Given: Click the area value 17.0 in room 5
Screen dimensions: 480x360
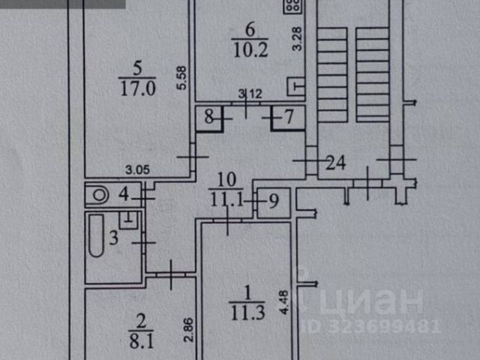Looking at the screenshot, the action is [x=136, y=88].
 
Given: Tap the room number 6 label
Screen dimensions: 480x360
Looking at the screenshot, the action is [x=250, y=30].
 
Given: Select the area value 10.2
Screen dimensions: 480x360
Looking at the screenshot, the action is [x=250, y=50].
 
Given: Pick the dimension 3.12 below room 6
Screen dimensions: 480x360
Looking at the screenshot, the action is [x=249, y=94].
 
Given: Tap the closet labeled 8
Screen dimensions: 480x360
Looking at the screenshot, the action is [x=208, y=117].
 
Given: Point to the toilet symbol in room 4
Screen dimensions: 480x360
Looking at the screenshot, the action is [x=97, y=195].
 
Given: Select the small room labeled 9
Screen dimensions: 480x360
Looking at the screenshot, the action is [x=273, y=201].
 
